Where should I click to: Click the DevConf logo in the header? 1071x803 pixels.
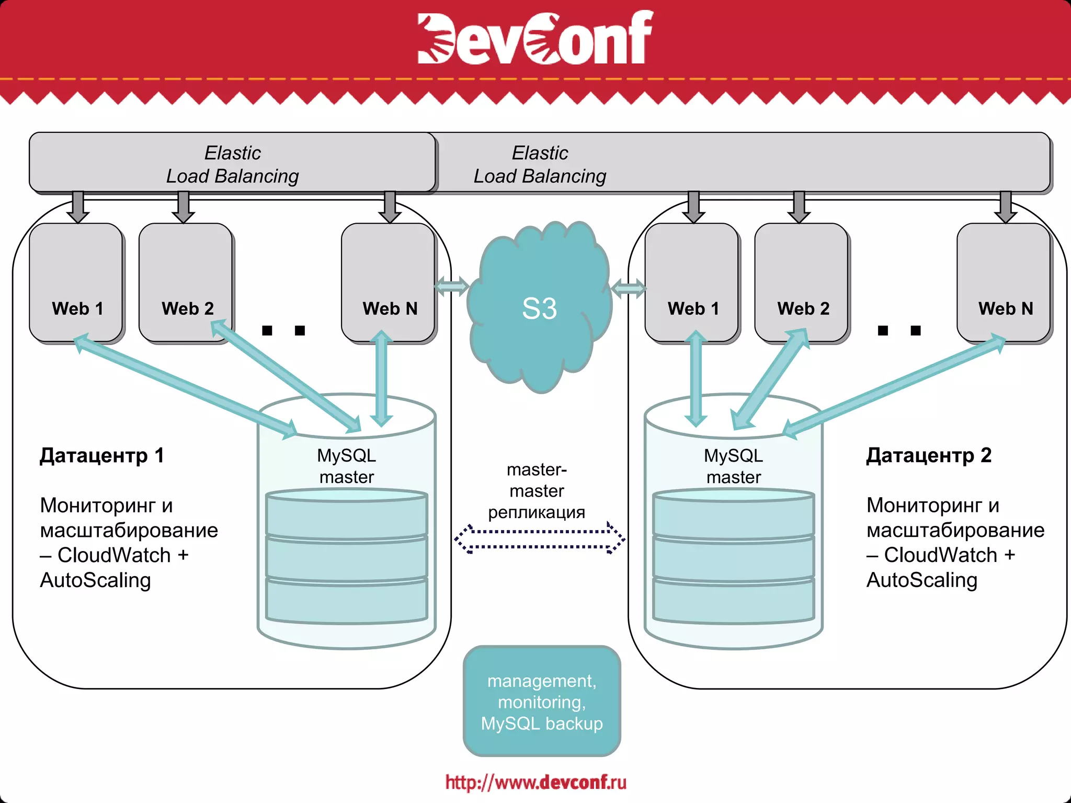(534, 38)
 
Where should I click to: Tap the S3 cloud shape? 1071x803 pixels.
(539, 308)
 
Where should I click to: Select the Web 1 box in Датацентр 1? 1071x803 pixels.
(76, 282)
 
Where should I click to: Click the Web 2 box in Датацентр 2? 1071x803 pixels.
(802, 282)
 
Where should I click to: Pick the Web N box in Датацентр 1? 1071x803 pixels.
(389, 282)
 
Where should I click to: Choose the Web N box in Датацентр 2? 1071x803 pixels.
(1004, 282)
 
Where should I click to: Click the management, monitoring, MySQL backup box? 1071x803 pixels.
(542, 702)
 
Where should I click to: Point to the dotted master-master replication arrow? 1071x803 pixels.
(539, 538)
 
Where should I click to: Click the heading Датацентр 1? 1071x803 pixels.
(102, 455)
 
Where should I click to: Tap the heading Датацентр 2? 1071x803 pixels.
(929, 455)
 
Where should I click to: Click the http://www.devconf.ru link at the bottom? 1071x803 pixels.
(535, 782)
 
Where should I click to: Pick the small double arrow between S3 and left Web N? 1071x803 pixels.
(451, 286)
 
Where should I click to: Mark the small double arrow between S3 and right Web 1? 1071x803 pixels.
(628, 288)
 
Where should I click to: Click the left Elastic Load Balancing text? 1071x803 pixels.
(233, 165)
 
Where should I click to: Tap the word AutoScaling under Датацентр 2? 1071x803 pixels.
(921, 580)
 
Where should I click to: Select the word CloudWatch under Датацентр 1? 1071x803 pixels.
(114, 555)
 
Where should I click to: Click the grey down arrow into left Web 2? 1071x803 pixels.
(183, 207)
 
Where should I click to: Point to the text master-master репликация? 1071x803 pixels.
(537, 491)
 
